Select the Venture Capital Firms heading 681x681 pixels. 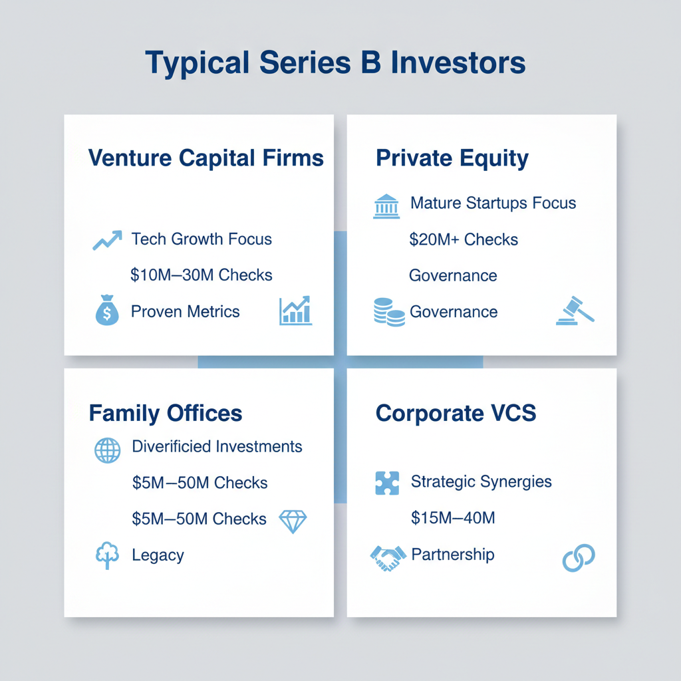click(x=206, y=158)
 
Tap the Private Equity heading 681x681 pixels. click(x=452, y=158)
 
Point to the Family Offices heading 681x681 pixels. click(x=166, y=413)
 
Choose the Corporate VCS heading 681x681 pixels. click(x=456, y=413)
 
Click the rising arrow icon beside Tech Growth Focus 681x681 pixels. click(x=107, y=240)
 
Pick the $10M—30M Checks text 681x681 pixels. click(x=202, y=275)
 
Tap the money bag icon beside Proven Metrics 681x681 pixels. click(x=107, y=312)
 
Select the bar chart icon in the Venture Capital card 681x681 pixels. click(x=296, y=311)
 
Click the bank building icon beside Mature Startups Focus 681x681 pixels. click(x=386, y=206)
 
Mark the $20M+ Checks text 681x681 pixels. click(x=464, y=239)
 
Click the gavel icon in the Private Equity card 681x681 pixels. click(x=575, y=311)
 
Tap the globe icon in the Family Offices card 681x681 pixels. click(x=108, y=450)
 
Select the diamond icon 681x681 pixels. click(x=293, y=521)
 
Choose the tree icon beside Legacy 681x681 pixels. click(x=107, y=556)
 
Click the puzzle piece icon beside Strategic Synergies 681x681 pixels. click(x=387, y=483)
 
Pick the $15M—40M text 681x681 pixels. click(x=453, y=517)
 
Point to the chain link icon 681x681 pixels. click(x=578, y=558)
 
